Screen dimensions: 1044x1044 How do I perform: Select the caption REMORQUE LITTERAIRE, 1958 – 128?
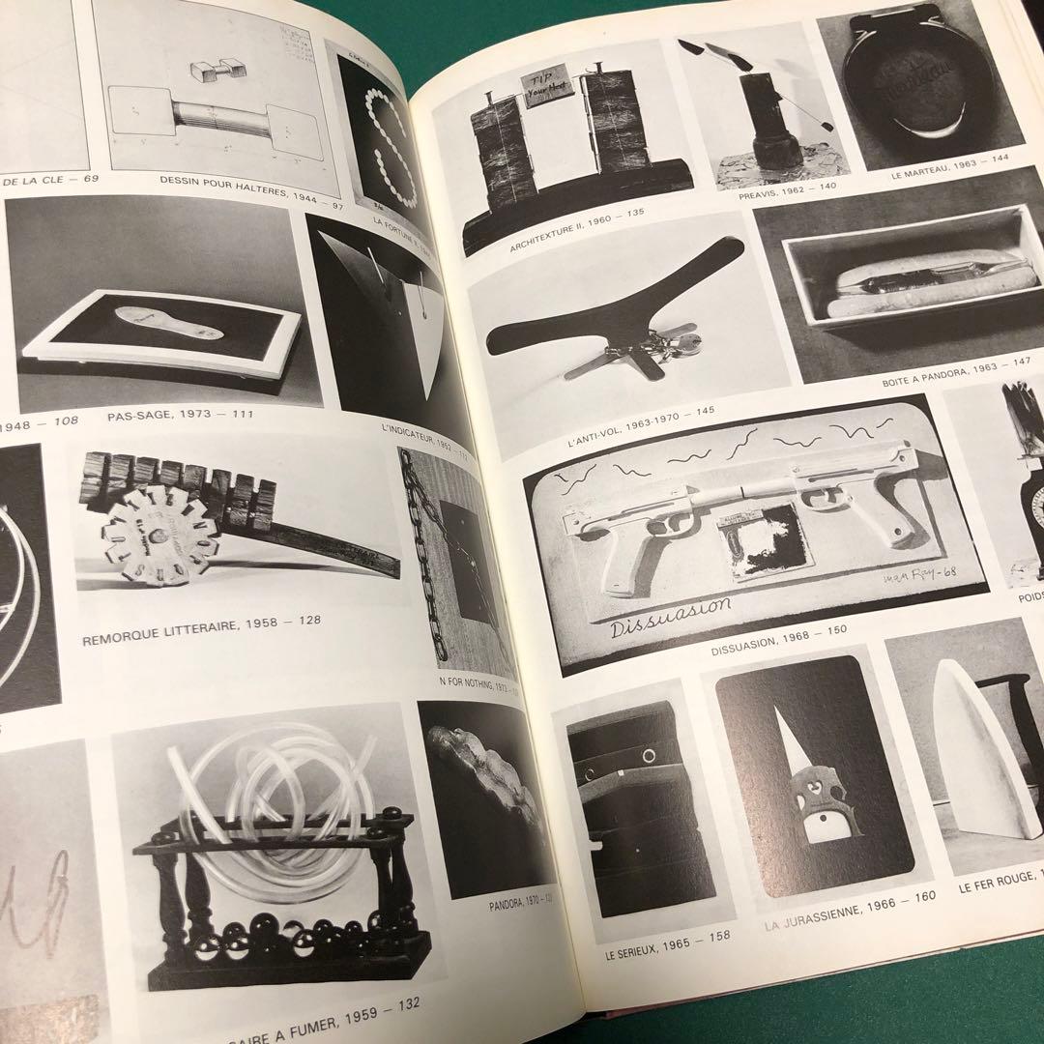point(201,616)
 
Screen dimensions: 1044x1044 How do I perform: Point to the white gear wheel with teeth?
point(157,534)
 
